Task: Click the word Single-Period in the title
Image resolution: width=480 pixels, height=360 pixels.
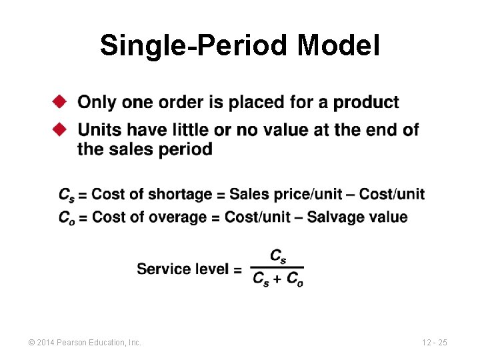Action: click(194, 47)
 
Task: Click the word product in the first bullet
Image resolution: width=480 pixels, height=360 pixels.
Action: click(366, 103)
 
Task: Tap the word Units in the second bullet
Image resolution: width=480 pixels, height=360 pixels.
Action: click(98, 129)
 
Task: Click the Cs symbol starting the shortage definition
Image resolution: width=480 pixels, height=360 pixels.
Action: click(66, 195)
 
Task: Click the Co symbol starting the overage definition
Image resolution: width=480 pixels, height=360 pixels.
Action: click(67, 217)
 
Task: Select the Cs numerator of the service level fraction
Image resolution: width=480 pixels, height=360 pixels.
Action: click(278, 257)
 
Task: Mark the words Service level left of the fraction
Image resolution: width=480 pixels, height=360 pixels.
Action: click(182, 269)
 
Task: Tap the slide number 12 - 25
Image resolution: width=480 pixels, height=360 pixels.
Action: click(434, 343)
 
